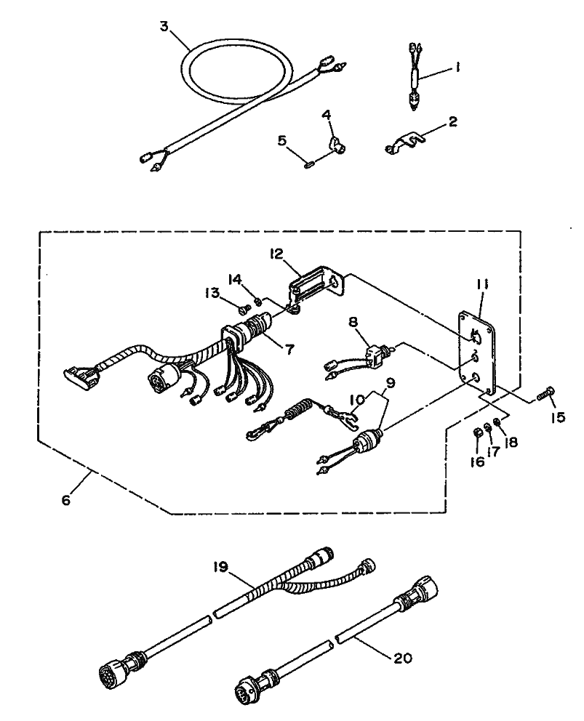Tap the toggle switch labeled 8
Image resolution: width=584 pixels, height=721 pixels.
click(x=376, y=354)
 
